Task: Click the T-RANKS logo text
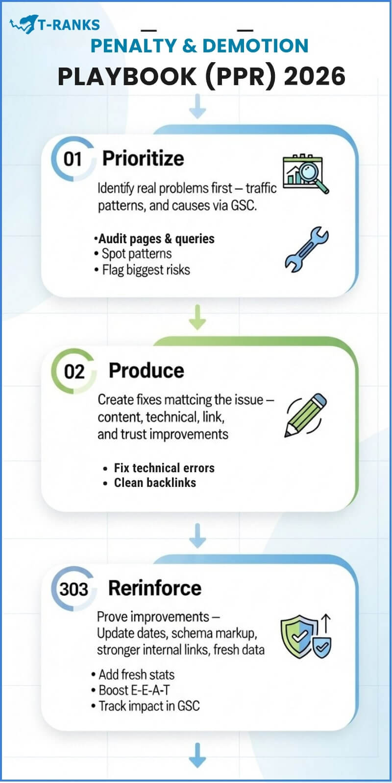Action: click(69, 24)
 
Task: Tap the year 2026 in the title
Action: click(315, 76)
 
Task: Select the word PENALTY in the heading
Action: click(133, 46)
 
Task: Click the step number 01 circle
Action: click(73, 159)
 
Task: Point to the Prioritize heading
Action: click(143, 159)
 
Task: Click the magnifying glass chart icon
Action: click(305, 174)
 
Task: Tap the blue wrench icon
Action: click(306, 249)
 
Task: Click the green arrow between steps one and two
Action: click(197, 318)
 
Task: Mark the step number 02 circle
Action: click(74, 371)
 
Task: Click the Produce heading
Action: click(146, 370)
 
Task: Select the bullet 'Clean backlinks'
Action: click(155, 483)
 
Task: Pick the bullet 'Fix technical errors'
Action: click(164, 468)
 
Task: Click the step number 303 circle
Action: click(73, 589)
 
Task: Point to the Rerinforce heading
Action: click(154, 588)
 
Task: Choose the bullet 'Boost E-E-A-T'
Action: click(134, 690)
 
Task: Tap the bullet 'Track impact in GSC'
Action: click(149, 706)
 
